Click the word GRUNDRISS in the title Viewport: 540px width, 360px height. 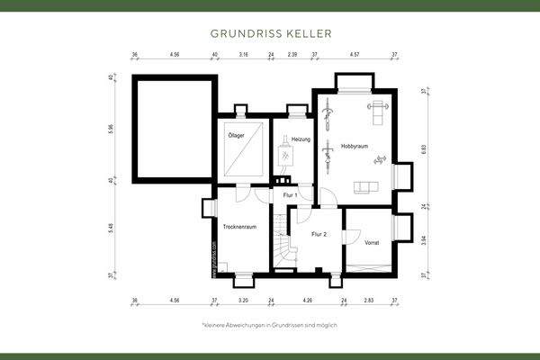(x=242, y=33)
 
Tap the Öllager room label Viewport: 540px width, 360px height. (x=237, y=136)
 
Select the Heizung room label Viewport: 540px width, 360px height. (x=301, y=139)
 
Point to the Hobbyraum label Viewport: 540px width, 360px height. (x=355, y=146)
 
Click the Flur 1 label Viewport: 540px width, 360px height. (x=290, y=194)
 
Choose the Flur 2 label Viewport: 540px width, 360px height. (x=319, y=233)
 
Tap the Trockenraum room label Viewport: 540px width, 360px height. (x=240, y=227)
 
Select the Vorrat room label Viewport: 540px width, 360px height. (x=373, y=241)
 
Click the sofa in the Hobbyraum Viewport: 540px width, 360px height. (x=366, y=186)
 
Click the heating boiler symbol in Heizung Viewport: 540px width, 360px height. (x=287, y=157)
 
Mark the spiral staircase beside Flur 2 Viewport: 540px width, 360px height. (x=284, y=249)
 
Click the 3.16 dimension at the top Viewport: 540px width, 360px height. (x=243, y=54)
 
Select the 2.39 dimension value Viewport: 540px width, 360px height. (x=292, y=54)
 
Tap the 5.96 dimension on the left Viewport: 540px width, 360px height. (x=111, y=129)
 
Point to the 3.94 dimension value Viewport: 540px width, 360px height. (x=424, y=238)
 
